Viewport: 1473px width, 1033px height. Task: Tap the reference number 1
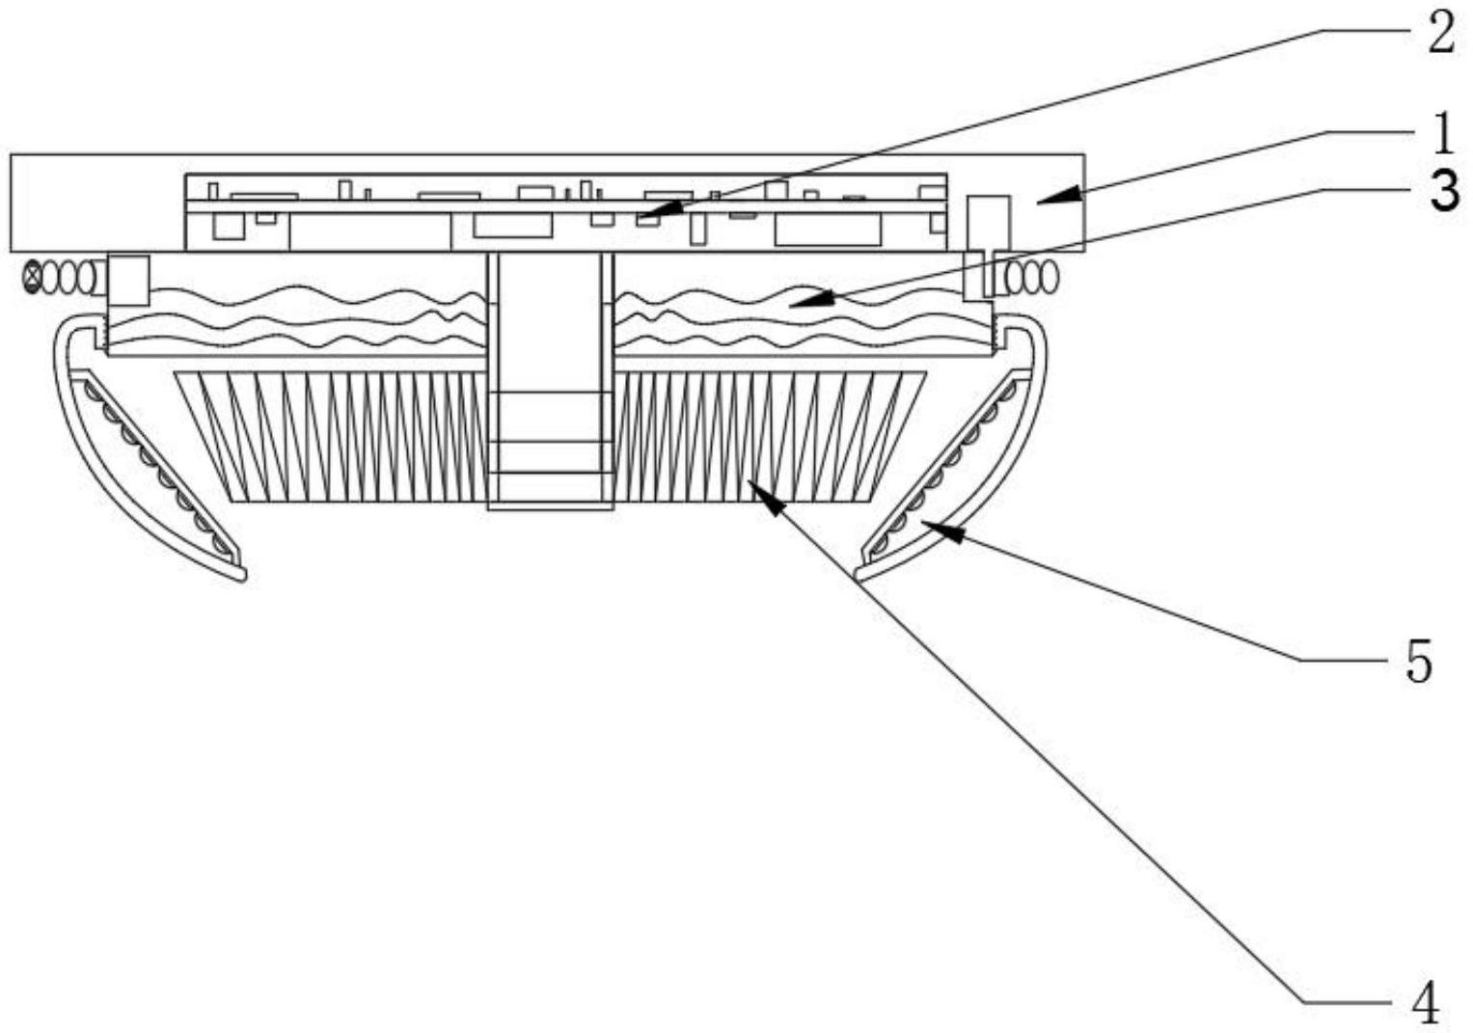(x=1442, y=134)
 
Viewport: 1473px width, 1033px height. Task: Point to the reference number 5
(x=1418, y=663)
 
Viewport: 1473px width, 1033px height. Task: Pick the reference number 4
(x=1425, y=1002)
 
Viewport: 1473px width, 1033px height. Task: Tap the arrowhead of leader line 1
(x=1042, y=199)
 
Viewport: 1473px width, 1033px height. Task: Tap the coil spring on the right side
(x=1029, y=278)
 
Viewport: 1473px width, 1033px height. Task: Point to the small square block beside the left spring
(x=128, y=280)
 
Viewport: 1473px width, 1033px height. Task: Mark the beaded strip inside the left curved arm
(x=154, y=463)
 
